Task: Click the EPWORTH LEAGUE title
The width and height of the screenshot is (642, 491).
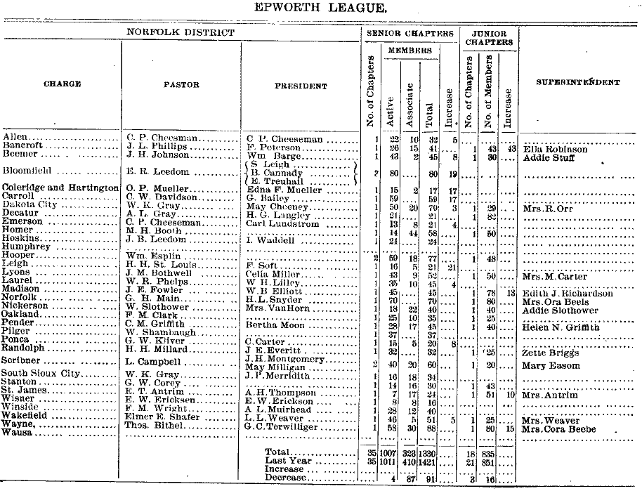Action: [322, 8]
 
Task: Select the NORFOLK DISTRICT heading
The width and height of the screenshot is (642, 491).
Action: [181, 32]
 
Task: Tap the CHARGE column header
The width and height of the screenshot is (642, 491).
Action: [62, 84]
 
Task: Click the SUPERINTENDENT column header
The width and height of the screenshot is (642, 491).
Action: [577, 83]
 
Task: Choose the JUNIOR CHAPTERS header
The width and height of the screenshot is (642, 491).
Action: [489, 37]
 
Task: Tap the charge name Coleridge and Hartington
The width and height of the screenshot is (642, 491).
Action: [60, 188]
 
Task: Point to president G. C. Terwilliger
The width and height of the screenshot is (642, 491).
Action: [285, 427]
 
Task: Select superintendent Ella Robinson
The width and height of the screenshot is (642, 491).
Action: [555, 149]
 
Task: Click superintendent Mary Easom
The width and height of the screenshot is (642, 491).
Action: [551, 365]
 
